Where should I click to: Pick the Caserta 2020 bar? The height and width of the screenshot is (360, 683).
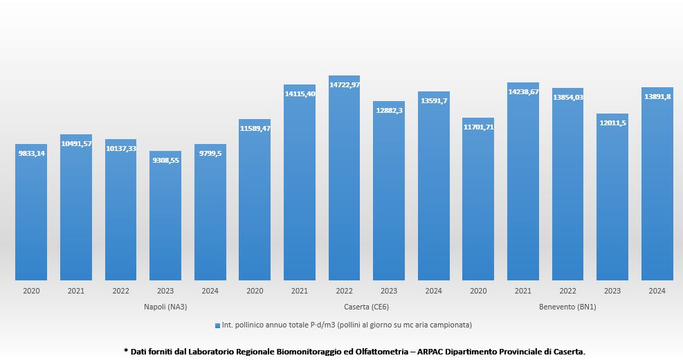tap(255, 201)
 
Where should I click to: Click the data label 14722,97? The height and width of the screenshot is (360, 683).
tap(344, 84)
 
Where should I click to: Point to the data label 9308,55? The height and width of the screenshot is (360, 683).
tap(165, 159)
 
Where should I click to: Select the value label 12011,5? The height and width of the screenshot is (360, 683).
tap(612, 123)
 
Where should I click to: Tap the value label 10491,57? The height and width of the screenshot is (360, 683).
tap(76, 143)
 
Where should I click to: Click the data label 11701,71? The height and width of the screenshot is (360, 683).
tap(478, 127)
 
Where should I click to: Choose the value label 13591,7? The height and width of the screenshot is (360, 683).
tap(433, 100)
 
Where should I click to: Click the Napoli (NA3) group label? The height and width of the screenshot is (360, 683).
tap(165, 307)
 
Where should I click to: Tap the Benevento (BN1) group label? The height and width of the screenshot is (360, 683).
tap(567, 307)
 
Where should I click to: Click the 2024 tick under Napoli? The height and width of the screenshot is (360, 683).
tap(210, 291)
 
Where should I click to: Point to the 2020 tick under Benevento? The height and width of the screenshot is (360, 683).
tap(478, 291)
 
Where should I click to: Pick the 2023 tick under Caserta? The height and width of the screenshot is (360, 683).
tap(389, 291)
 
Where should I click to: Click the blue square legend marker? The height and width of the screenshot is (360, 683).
tap(217, 325)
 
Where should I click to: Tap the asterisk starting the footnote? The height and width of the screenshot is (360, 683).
tap(125, 350)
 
